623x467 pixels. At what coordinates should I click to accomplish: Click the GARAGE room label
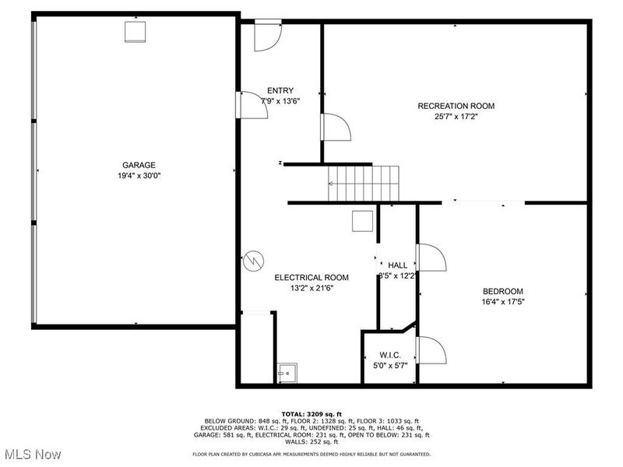click(139, 165)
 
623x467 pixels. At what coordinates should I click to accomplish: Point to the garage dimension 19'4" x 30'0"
click(139, 176)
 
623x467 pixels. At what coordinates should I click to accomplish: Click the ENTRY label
click(280, 90)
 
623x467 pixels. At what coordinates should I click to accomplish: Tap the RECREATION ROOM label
click(456, 106)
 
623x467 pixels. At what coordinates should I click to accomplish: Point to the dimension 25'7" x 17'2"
click(456, 118)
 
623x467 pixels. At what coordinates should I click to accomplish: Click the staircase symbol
click(363, 184)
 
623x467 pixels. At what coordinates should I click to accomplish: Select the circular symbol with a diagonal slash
click(254, 261)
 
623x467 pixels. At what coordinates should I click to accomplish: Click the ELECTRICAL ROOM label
click(311, 277)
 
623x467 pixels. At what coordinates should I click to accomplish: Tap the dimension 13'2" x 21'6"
click(311, 288)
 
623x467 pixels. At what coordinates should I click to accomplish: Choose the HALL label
click(397, 265)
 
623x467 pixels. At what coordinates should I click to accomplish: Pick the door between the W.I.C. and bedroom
click(431, 349)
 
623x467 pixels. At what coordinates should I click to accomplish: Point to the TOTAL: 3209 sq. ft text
click(311, 413)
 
